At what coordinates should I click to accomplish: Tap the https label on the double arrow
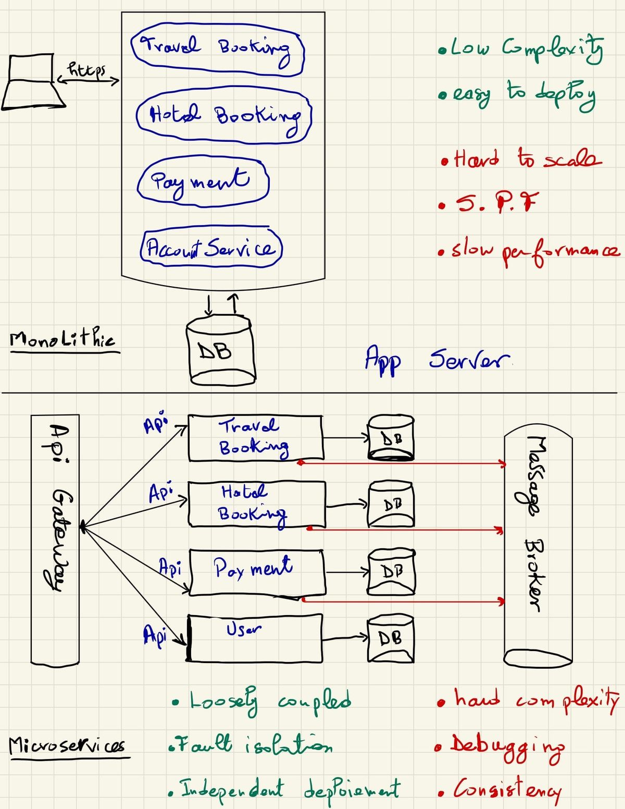tap(87, 70)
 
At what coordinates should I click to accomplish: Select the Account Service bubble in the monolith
tap(211, 248)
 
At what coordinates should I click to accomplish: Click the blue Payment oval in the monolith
tap(203, 181)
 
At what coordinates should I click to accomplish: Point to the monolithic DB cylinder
tap(220, 352)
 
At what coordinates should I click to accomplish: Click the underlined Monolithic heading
tap(63, 340)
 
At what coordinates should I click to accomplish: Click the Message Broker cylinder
tap(537, 545)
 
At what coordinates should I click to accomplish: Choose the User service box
tap(255, 638)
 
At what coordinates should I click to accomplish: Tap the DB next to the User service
tap(391, 639)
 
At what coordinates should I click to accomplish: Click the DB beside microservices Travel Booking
tap(391, 438)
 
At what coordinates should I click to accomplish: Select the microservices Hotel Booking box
tap(256, 504)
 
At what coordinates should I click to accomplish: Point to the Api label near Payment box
tap(170, 567)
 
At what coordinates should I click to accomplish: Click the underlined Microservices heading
tap(67, 746)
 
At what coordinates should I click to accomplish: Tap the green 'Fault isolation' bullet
tap(251, 744)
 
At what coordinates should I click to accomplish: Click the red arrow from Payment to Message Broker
tap(404, 601)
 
